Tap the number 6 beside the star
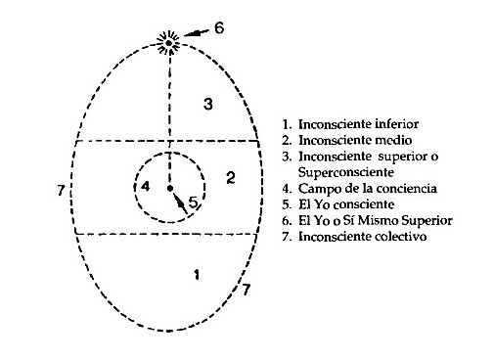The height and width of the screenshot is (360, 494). (x=219, y=27)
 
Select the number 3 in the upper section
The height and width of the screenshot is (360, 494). (x=206, y=104)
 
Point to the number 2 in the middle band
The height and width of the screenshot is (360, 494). (x=231, y=177)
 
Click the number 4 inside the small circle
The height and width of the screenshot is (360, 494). (x=145, y=186)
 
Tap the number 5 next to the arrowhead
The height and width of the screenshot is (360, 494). (x=194, y=202)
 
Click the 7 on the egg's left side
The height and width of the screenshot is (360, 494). (x=62, y=189)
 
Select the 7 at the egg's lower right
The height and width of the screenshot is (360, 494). (x=247, y=290)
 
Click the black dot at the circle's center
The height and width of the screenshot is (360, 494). (x=169, y=187)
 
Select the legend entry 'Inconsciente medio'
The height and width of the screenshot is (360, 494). (x=345, y=142)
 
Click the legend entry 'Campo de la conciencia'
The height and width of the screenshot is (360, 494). (x=358, y=188)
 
